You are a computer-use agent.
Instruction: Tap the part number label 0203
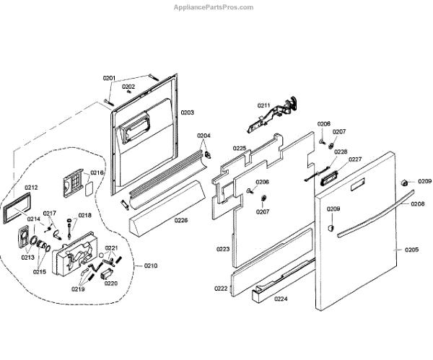coord(188,113)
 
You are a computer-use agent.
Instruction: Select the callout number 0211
coord(263,106)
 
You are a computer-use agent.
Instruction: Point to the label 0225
coord(240,149)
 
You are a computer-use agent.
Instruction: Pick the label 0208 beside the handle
coord(418,204)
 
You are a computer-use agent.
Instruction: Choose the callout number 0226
coord(180,221)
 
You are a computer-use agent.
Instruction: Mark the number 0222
coord(220,288)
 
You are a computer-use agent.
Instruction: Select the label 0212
coord(31,188)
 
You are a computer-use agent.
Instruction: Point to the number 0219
coord(77,289)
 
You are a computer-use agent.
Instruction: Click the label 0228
coord(340,152)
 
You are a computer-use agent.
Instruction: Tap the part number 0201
coord(109,78)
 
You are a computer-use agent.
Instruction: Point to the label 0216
coord(97,173)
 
